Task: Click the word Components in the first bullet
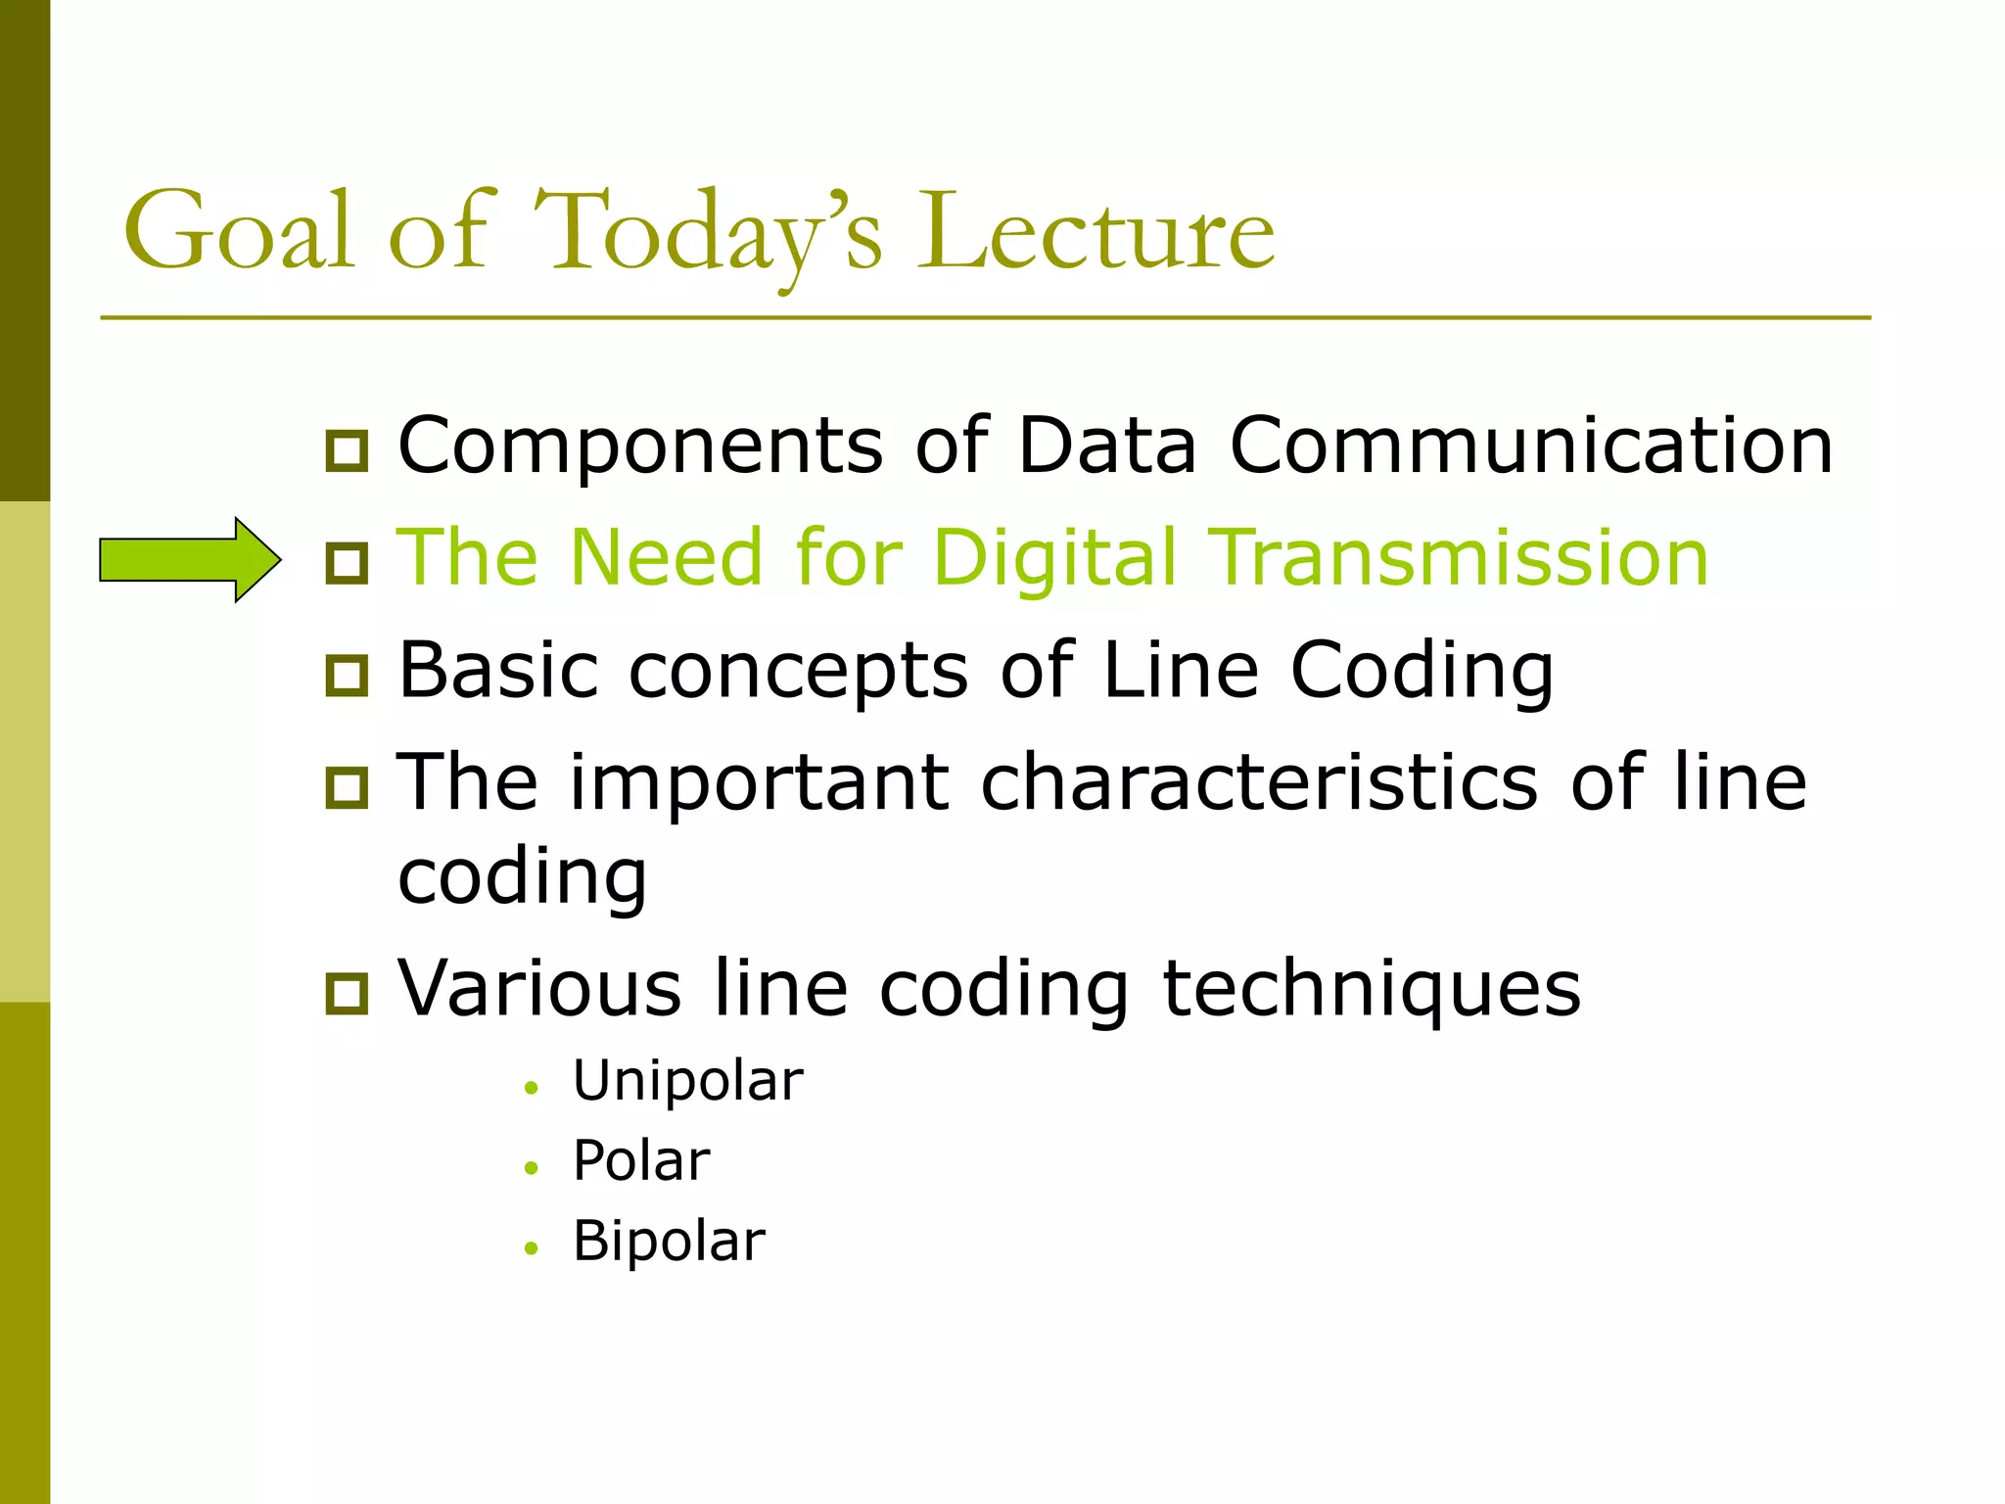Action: pos(640,447)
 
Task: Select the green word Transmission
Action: pos(1459,557)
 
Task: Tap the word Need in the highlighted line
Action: pos(666,557)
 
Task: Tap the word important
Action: pos(760,784)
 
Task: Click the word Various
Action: pos(539,988)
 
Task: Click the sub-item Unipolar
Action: pos(687,1081)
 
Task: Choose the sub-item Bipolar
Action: pos(669,1242)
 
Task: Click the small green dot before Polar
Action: pos(532,1167)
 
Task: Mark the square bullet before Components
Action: pos(347,450)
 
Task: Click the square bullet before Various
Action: pos(347,993)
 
